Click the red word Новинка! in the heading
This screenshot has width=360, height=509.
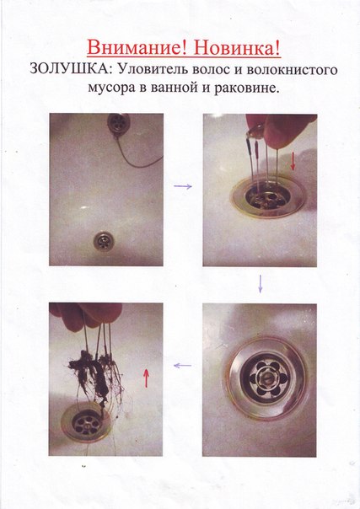tap(237, 48)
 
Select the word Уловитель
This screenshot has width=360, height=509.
tap(153, 69)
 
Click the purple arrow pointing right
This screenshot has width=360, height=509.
tap(183, 186)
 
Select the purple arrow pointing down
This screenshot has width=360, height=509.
tap(260, 284)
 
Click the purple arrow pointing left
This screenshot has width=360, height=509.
tap(182, 366)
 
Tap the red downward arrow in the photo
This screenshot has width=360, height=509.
tap(293, 162)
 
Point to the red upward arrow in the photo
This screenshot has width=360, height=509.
tap(146, 378)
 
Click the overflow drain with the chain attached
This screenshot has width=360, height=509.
tap(119, 124)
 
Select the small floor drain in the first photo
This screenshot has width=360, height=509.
tap(103, 241)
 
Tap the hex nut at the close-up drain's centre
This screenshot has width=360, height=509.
tap(264, 378)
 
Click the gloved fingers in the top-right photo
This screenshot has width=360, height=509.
tap(279, 128)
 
